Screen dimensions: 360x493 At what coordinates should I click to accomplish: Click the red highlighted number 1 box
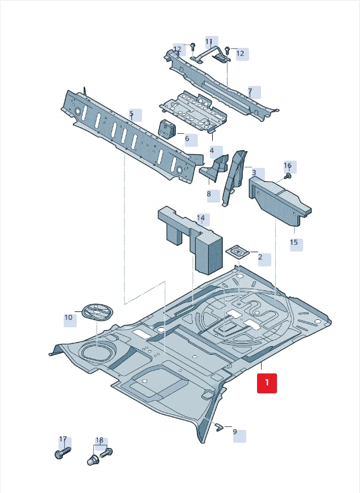[x=267, y=383]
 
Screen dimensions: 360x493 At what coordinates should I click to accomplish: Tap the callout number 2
[x=260, y=257]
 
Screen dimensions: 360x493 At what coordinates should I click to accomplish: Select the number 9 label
[x=235, y=432]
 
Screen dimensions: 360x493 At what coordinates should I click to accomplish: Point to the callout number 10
[x=68, y=318]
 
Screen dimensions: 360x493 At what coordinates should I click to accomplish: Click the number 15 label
[x=293, y=243]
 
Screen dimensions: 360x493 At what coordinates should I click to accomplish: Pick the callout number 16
[x=288, y=166]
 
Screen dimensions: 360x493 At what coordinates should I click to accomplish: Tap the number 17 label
[x=63, y=439]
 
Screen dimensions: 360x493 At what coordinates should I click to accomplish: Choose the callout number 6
[x=187, y=138]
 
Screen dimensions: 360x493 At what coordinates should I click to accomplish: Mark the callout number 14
[x=201, y=218]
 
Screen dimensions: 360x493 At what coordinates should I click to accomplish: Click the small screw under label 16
[x=287, y=176]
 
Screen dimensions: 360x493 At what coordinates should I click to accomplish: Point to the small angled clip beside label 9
[x=220, y=426]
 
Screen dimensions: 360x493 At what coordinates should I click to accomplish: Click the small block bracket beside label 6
[x=167, y=129]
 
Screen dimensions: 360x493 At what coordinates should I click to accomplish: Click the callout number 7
[x=250, y=92]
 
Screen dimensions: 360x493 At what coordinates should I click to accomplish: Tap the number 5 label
[x=131, y=113]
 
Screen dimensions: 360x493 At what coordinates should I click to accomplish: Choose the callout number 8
[x=209, y=194]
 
